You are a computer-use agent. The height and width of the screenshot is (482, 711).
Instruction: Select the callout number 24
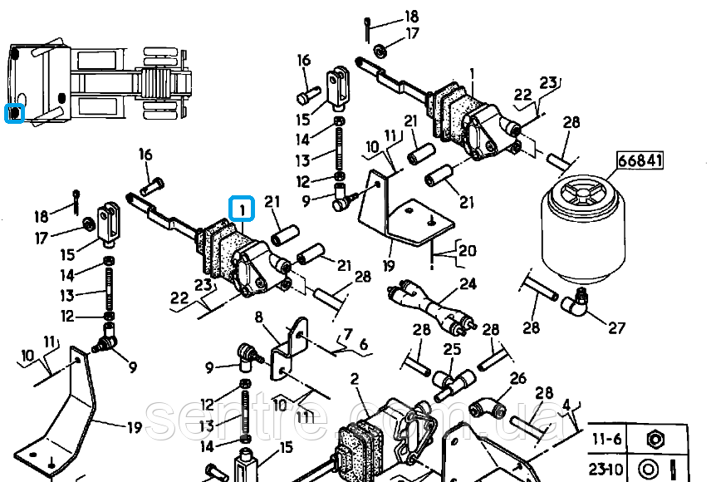point(468,284)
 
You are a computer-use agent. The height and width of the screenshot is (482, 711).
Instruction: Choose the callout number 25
point(453,349)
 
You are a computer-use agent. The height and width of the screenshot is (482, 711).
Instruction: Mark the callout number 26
point(517,379)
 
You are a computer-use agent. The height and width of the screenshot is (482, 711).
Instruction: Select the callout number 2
point(355,380)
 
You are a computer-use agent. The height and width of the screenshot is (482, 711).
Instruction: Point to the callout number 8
point(258,317)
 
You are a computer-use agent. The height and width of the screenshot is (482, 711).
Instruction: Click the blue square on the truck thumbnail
point(14,113)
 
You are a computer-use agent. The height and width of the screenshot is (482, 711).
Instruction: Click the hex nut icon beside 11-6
point(654,437)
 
